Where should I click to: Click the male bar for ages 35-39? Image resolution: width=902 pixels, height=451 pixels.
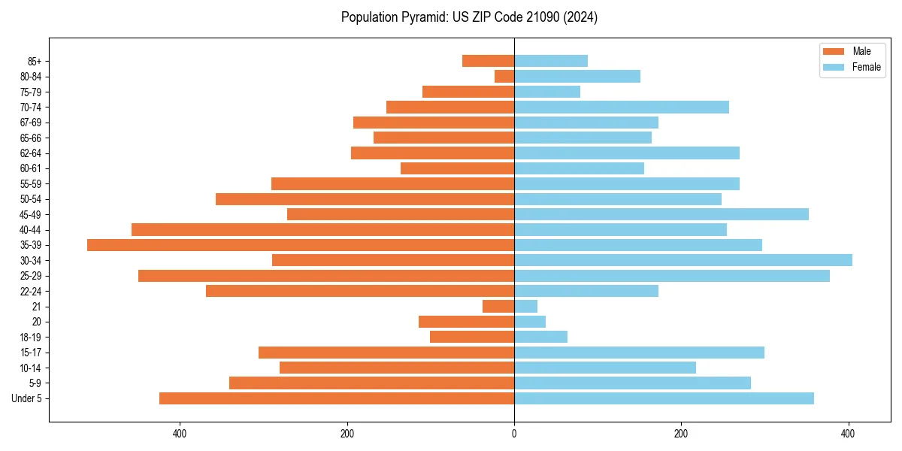tap(301, 245)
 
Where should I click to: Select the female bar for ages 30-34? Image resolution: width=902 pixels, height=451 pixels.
tap(683, 260)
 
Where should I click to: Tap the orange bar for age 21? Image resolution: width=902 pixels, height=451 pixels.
tap(498, 307)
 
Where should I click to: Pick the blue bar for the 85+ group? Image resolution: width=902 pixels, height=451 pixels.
tap(551, 61)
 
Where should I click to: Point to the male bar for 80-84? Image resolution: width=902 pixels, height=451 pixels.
tap(504, 76)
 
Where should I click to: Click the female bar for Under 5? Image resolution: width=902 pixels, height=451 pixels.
tap(664, 398)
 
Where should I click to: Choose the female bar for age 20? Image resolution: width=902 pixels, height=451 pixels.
tap(530, 322)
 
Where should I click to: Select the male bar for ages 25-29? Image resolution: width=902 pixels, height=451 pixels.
tap(326, 276)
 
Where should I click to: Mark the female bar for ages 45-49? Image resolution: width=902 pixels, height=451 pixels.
tap(661, 214)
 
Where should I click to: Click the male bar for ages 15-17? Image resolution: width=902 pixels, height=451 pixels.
tap(386, 353)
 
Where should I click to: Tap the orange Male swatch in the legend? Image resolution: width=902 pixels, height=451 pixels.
tap(834, 51)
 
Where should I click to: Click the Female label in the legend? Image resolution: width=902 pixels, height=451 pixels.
tap(866, 67)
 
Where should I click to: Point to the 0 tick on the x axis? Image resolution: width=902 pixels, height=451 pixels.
tap(514, 434)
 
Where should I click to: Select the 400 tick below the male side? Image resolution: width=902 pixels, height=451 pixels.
tap(180, 434)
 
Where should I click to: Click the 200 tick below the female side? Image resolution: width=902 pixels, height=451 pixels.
tap(681, 434)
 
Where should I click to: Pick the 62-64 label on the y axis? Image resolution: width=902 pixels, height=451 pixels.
tap(31, 153)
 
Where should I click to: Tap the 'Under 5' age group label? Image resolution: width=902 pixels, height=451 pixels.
tap(26, 398)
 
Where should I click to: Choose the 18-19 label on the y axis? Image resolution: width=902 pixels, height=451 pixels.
tap(31, 337)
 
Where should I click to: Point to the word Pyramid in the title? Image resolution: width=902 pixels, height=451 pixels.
tap(423, 17)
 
